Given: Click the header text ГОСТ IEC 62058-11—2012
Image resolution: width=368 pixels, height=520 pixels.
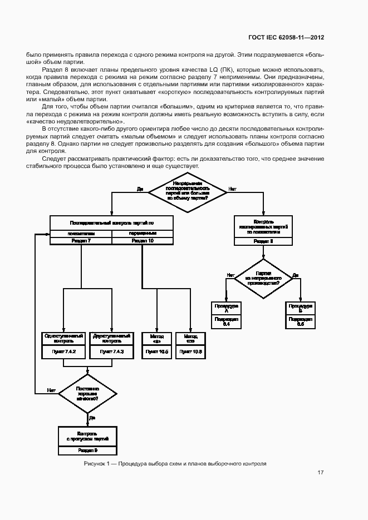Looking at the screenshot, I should point(286,38).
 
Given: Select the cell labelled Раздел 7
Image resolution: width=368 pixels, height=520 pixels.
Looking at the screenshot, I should point(81,241).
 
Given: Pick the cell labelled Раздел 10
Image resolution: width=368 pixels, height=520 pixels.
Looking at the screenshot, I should point(143,241).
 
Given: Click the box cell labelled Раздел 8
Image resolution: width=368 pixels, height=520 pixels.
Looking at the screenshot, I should point(263,241).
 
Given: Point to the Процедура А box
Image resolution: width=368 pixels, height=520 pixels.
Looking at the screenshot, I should point(226,308).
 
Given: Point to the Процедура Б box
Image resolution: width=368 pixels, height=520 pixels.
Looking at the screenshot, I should point(301,308).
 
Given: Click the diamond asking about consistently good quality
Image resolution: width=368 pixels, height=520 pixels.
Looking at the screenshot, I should point(87,393).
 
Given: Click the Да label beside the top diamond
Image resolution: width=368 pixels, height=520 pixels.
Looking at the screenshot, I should point(140,189).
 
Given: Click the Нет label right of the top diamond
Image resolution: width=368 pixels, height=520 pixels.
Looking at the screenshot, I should point(232,189).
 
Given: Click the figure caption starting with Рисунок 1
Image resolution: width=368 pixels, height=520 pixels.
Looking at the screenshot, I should point(175,463).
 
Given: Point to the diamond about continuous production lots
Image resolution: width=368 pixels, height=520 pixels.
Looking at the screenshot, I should point(263,278).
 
